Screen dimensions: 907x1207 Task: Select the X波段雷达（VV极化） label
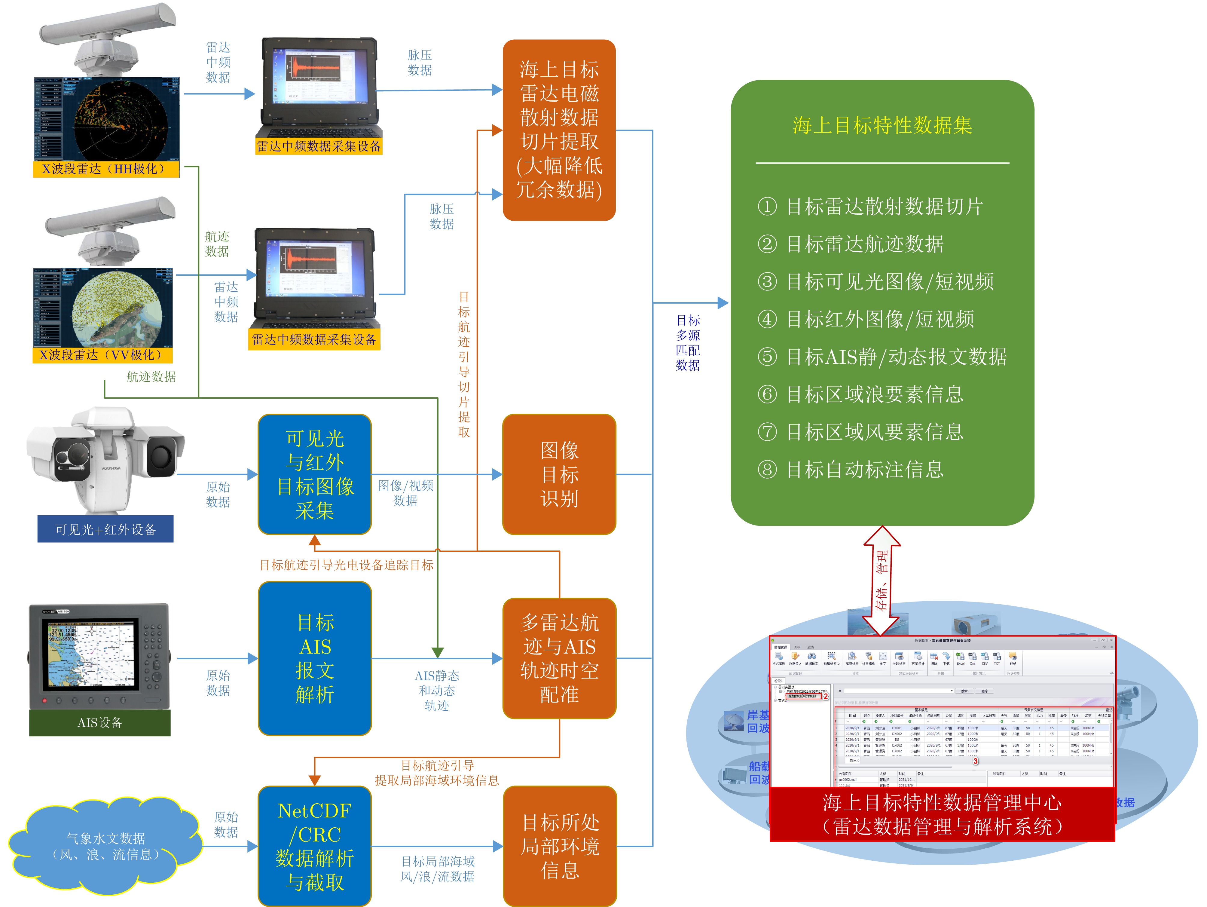[102, 355]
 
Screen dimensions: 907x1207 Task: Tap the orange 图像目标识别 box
[559, 474]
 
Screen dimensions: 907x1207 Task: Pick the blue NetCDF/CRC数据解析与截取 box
[315, 846]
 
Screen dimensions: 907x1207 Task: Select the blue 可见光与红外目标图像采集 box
[315, 474]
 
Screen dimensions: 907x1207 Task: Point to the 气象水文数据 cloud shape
[105, 846]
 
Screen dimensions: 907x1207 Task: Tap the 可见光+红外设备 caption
[105, 529]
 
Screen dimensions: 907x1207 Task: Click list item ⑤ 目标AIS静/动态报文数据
[882, 357]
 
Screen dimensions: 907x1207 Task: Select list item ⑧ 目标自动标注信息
[851, 469]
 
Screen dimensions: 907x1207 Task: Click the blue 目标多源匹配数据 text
[688, 343]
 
